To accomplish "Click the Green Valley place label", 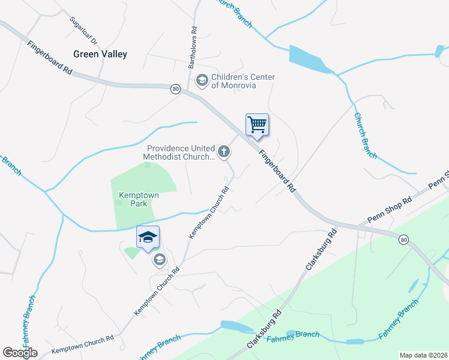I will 100,54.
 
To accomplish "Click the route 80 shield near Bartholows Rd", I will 175,89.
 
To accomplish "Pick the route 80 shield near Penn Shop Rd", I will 404,240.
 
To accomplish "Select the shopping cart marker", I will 257,125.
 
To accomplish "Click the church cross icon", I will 224,152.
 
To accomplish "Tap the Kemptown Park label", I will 133,199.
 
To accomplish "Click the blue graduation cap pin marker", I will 148,238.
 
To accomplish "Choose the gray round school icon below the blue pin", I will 159,260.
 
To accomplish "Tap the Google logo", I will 20,352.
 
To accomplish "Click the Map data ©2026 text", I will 423,355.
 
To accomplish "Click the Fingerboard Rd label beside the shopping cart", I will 277,171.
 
